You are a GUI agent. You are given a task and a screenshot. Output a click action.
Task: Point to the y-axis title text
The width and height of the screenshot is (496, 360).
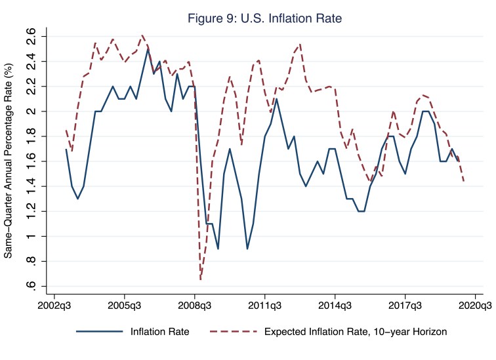[x=9, y=161]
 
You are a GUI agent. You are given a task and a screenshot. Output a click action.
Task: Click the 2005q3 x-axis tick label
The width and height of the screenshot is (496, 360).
[x=124, y=305]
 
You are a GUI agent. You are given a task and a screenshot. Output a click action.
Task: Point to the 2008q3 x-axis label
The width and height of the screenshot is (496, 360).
[x=194, y=305]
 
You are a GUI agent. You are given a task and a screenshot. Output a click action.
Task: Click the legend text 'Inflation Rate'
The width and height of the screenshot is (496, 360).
[x=160, y=332]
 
